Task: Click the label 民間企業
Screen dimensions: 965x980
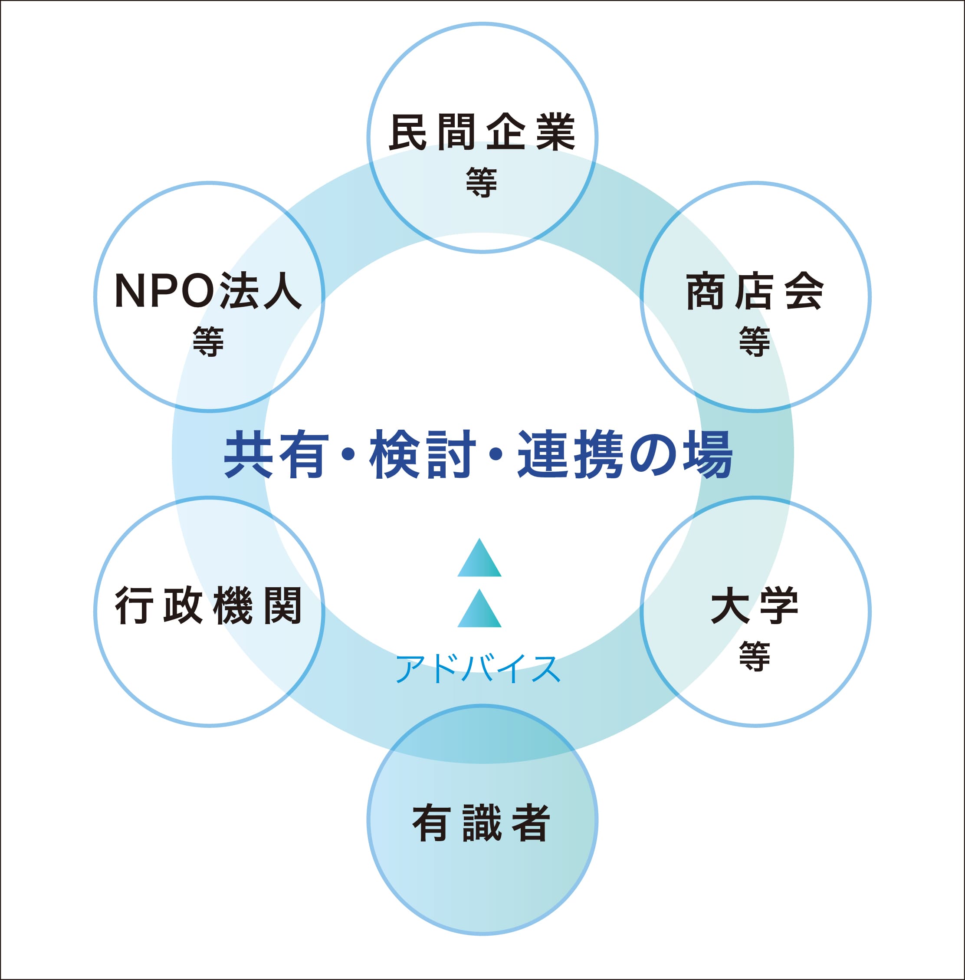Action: [x=482, y=132]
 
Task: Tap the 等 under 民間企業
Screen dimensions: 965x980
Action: [x=482, y=183]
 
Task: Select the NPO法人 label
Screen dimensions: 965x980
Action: [x=209, y=290]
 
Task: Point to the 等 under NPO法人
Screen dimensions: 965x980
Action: [x=208, y=341]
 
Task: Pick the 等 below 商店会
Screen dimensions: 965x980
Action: [x=755, y=341]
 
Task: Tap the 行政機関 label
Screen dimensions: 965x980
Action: [x=209, y=605]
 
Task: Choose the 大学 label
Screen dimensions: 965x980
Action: [x=755, y=605]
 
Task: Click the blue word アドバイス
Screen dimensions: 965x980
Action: [x=478, y=669]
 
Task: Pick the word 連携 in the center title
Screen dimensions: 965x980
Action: [x=570, y=454]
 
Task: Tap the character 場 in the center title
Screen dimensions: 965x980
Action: [x=708, y=454]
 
